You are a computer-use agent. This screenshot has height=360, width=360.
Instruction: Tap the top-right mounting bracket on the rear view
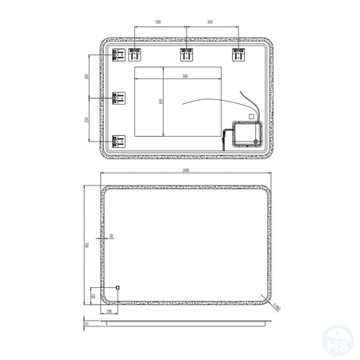(238, 55)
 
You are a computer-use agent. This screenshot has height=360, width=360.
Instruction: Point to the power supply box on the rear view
(244, 133)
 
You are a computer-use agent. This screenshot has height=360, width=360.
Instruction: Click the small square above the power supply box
(250, 117)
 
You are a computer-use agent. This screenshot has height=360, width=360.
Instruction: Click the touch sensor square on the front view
(118, 286)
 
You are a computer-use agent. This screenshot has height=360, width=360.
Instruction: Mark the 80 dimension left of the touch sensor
(94, 294)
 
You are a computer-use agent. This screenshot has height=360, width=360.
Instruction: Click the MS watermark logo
(342, 342)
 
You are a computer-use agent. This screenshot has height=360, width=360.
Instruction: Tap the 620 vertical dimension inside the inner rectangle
(160, 102)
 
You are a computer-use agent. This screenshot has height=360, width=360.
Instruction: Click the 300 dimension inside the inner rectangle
(184, 76)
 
